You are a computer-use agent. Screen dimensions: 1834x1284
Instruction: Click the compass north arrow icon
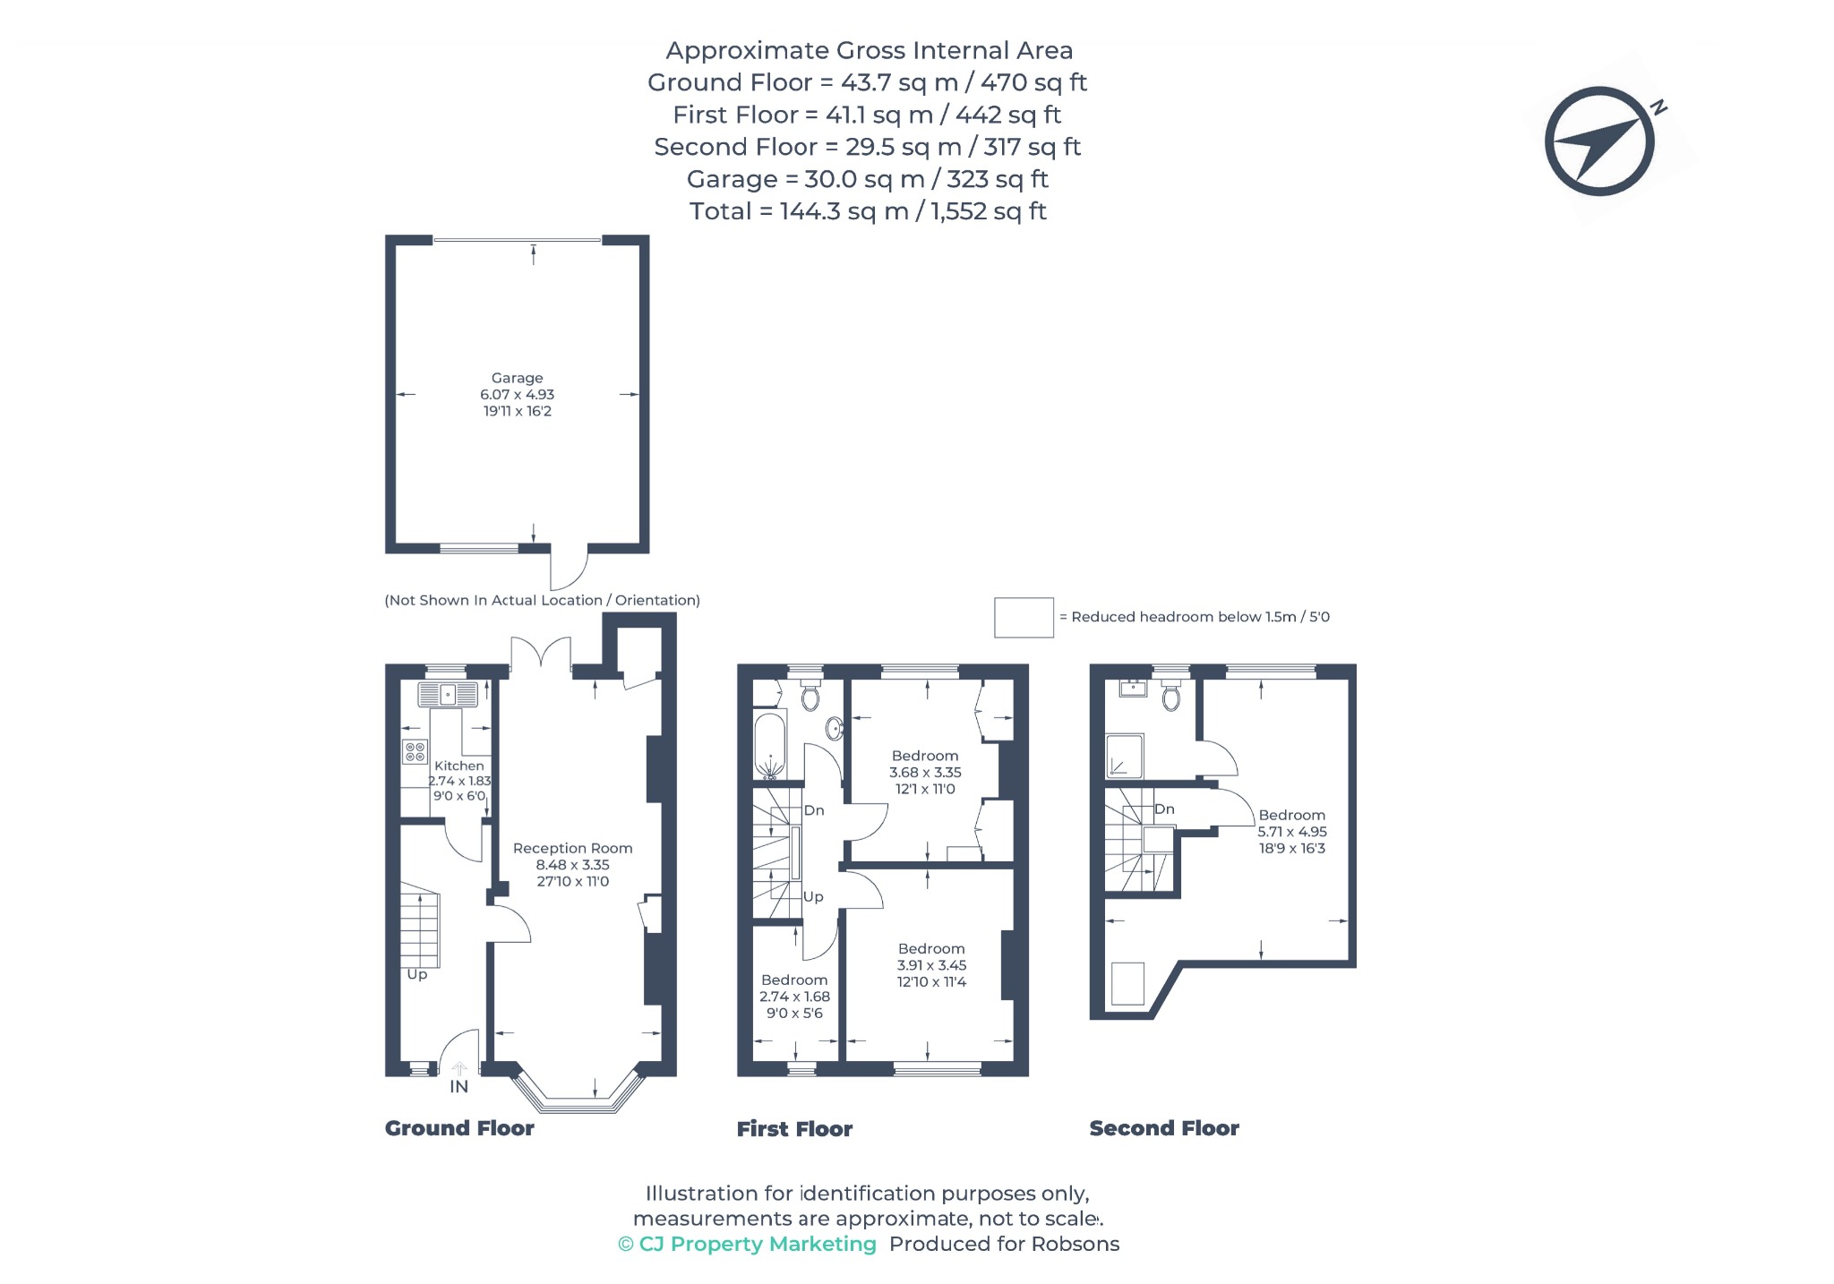click(1599, 141)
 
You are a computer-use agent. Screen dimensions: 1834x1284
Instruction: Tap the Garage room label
click(517, 378)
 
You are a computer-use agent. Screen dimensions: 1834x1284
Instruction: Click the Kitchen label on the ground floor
click(458, 766)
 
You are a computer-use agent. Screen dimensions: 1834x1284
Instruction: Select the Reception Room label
click(572, 848)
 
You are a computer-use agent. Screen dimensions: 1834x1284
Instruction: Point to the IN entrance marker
click(458, 1086)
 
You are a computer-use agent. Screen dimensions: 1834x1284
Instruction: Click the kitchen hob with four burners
click(415, 751)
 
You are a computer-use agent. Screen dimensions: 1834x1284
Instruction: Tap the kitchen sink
click(447, 694)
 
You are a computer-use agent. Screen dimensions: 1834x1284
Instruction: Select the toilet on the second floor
click(1170, 695)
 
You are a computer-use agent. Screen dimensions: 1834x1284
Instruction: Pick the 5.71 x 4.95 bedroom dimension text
click(1292, 832)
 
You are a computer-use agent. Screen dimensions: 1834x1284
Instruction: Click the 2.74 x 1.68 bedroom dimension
click(794, 997)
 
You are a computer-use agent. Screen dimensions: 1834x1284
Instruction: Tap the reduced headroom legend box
click(1024, 618)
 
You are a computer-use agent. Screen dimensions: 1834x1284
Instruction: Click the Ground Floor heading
click(459, 1128)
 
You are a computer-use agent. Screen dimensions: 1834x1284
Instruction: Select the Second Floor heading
click(1164, 1128)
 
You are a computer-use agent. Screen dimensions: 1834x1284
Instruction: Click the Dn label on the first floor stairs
click(813, 810)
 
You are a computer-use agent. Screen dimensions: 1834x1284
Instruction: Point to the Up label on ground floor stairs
click(417, 974)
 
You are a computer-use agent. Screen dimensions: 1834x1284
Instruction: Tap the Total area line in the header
click(868, 211)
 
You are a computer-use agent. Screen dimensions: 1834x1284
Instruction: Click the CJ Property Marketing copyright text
click(747, 1244)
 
